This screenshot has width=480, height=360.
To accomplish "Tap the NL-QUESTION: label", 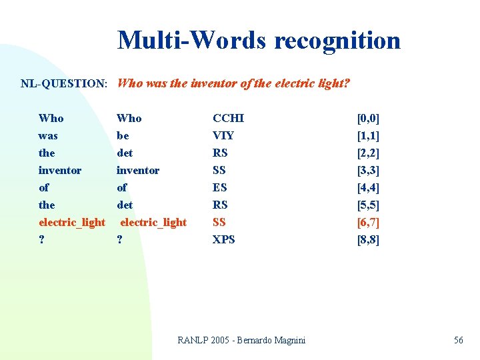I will (x=64, y=84).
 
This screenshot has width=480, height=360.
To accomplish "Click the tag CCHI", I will (x=228, y=119).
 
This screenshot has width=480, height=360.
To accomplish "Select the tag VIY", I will (x=223, y=136).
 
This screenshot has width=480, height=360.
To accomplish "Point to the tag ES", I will (x=220, y=188).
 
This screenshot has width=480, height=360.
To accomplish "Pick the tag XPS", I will (x=223, y=239).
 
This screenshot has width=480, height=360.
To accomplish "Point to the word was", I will (x=48, y=136).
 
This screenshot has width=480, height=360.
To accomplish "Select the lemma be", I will (x=123, y=136).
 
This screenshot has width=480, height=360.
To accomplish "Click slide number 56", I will (x=459, y=340).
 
